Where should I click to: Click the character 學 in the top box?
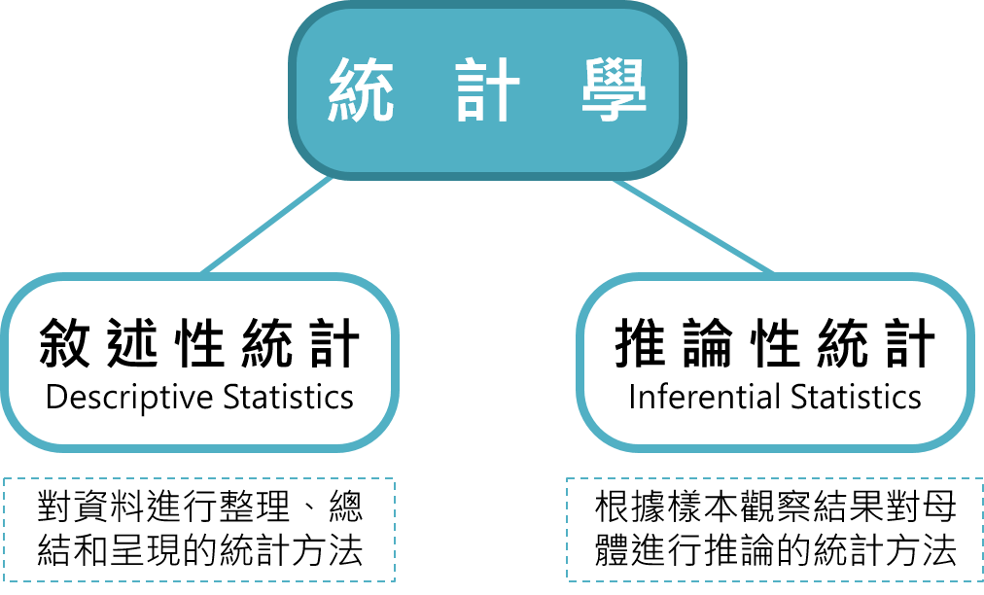point(614,89)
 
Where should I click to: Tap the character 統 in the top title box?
point(362,89)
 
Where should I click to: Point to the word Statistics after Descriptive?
point(288,398)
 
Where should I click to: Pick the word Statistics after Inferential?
point(856,398)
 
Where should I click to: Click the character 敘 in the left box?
point(64,342)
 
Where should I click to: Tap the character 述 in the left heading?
point(132,342)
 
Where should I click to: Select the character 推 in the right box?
point(640,342)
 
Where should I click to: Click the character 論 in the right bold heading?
point(708,342)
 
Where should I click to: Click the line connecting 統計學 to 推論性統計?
point(692,226)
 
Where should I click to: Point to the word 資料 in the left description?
point(109,506)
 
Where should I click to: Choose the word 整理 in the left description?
point(254,506)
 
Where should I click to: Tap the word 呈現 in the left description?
point(146,550)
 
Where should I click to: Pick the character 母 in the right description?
point(939,506)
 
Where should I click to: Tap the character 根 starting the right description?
point(613,506)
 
